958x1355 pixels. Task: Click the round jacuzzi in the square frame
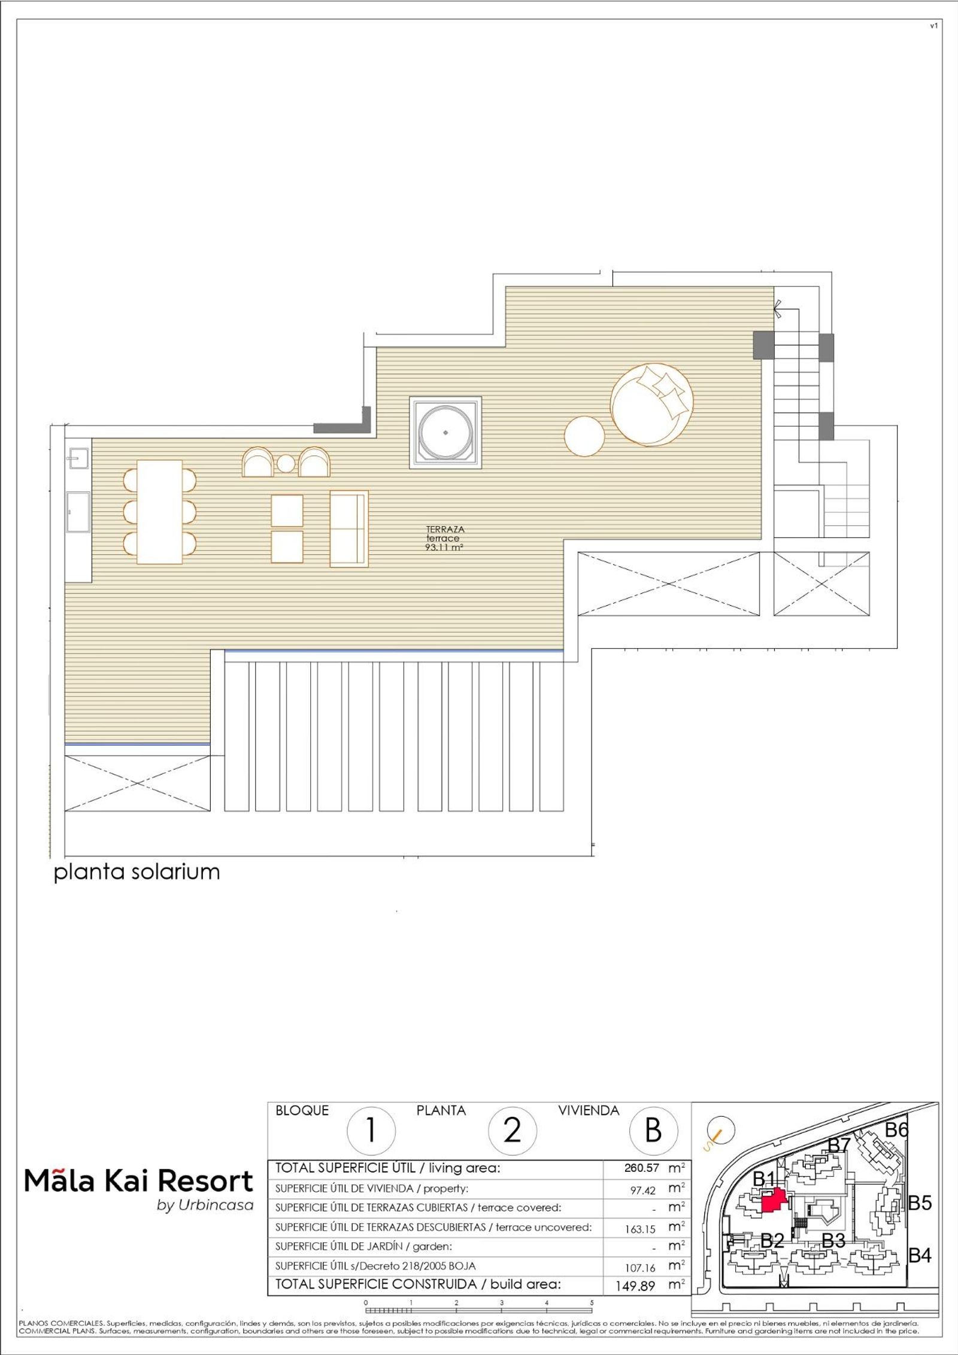click(x=445, y=432)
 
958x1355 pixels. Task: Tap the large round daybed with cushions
click(x=652, y=405)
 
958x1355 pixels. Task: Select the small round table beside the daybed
click(x=584, y=436)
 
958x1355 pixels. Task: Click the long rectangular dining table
click(x=160, y=512)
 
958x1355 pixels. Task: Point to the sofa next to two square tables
click(x=348, y=528)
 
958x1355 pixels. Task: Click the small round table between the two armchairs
click(x=286, y=464)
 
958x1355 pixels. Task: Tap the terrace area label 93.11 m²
click(x=444, y=547)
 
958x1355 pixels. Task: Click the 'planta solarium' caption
click(x=137, y=871)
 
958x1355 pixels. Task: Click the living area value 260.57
click(x=642, y=1168)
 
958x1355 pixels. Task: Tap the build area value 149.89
click(x=635, y=1286)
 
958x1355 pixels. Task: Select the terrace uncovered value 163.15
click(x=640, y=1229)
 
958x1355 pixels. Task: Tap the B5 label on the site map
click(x=920, y=1202)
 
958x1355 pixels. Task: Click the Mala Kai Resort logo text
click(x=139, y=1182)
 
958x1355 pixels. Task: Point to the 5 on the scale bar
click(x=592, y=1302)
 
